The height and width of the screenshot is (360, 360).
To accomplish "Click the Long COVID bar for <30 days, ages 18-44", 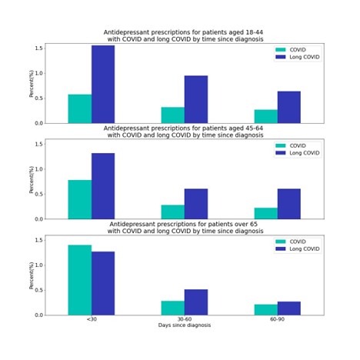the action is pos(103,85).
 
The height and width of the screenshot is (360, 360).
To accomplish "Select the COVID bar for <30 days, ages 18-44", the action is pos(80,109).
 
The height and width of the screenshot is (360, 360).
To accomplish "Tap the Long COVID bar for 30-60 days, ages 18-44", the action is pos(196,99).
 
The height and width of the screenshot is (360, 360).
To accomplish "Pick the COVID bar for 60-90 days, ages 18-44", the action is pos(266,116).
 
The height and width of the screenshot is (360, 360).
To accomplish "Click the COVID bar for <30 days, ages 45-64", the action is pos(80,199).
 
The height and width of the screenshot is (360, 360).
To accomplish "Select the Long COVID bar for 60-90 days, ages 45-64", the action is pos(289,204).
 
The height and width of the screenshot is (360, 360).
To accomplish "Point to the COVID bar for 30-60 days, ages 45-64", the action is pos(173,212).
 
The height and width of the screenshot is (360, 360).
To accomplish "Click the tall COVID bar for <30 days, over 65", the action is pos(80,280).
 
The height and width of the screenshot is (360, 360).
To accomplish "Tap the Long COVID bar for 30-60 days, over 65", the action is pos(196,302).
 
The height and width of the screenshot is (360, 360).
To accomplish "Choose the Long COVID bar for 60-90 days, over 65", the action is pos(289,308).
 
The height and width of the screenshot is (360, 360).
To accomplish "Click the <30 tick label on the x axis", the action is pos(92,319).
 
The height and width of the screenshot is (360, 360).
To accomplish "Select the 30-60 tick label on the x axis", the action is pos(185,319).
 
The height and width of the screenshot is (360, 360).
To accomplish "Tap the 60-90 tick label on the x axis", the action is pos(278,319).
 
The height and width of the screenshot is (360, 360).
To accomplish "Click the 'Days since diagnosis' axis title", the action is pos(185,325).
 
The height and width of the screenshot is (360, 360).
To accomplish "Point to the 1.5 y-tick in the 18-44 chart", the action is pos(39,48).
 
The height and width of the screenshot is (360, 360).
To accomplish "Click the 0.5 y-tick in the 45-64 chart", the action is pos(39,194).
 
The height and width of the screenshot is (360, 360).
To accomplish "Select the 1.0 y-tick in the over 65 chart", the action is pos(39,265).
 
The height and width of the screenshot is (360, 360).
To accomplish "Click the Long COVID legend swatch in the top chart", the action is pos(281,57).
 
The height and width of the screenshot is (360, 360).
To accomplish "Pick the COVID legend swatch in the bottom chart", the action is pos(281,242).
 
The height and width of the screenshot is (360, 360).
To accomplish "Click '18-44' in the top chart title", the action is pos(254,32).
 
